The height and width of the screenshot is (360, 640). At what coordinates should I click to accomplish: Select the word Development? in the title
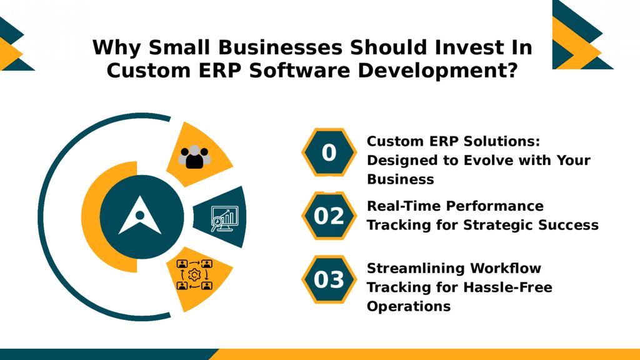pos(437,69)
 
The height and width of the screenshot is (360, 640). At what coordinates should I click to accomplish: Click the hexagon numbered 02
pos(329,216)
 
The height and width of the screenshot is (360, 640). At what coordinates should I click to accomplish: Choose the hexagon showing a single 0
pos(329,152)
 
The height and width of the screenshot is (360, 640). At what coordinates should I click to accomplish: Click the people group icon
pos(195,156)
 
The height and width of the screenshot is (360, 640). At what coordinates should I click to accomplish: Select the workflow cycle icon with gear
pos(194,275)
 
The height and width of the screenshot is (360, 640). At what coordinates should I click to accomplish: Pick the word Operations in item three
pos(408,307)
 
